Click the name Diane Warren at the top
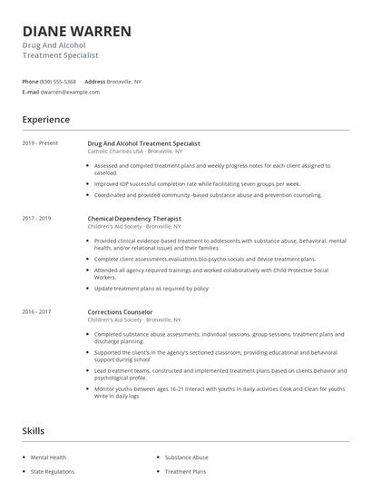pos(76,32)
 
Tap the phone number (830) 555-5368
pos(59,82)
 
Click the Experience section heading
pos(45,119)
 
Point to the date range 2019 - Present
pos(40,143)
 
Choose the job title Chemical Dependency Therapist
pos(134,219)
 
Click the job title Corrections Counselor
pos(120,312)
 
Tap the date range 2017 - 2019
pos(37,219)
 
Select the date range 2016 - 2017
pos(37,312)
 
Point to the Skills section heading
pos(34,430)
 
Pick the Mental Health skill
pos(49,458)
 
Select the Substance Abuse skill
pos(186,458)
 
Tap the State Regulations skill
pos(53,472)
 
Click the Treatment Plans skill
pos(185,472)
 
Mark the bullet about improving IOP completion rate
pos(197,182)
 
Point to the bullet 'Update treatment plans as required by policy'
pos(151,289)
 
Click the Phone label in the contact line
pos(30,82)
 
